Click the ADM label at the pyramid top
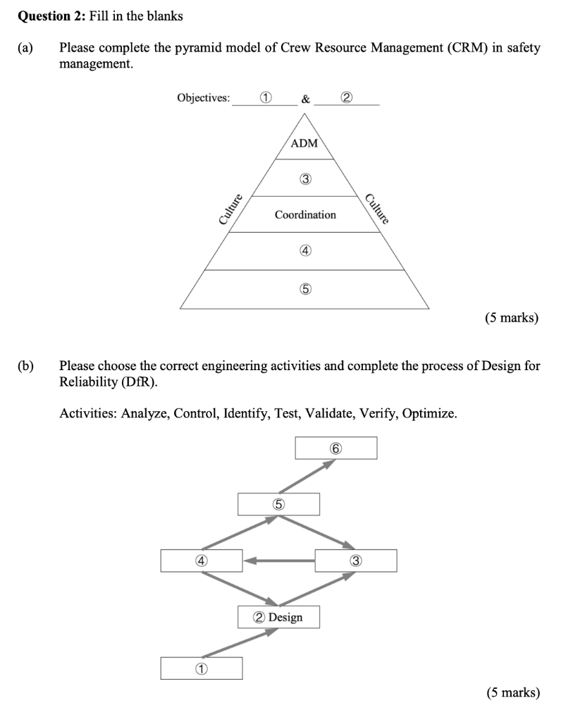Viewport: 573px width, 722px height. coord(304,143)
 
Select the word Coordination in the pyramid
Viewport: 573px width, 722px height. coord(305,214)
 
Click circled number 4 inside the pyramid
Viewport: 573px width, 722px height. coord(305,250)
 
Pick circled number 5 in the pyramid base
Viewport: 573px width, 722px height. coord(305,289)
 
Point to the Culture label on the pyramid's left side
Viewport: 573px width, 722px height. coord(230,209)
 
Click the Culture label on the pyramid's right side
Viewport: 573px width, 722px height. coord(378,208)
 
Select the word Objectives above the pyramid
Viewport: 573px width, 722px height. coord(203,98)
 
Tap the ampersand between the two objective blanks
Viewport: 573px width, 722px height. coord(304,99)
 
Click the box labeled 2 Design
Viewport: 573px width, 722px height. coord(278,617)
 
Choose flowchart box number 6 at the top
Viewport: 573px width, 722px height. coord(335,448)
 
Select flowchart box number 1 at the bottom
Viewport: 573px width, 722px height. coord(201,668)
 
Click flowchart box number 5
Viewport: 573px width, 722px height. coord(278,504)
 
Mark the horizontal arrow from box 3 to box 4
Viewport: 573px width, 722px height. coord(280,561)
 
